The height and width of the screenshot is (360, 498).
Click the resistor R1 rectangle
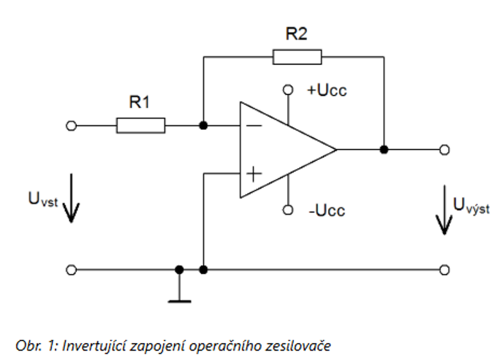[141, 126]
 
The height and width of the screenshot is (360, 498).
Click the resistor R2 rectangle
[297, 57]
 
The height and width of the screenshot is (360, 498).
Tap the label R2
[297, 34]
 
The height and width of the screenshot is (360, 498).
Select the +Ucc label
[327, 90]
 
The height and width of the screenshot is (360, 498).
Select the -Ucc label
[325, 209]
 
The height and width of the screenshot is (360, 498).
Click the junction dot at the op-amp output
[384, 149]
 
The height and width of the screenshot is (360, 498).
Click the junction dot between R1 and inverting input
[203, 126]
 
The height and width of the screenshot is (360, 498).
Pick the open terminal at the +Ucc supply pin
[288, 89]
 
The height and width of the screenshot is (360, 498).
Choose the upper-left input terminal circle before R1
[71, 126]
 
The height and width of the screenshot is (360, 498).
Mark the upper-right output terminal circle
[444, 149]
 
